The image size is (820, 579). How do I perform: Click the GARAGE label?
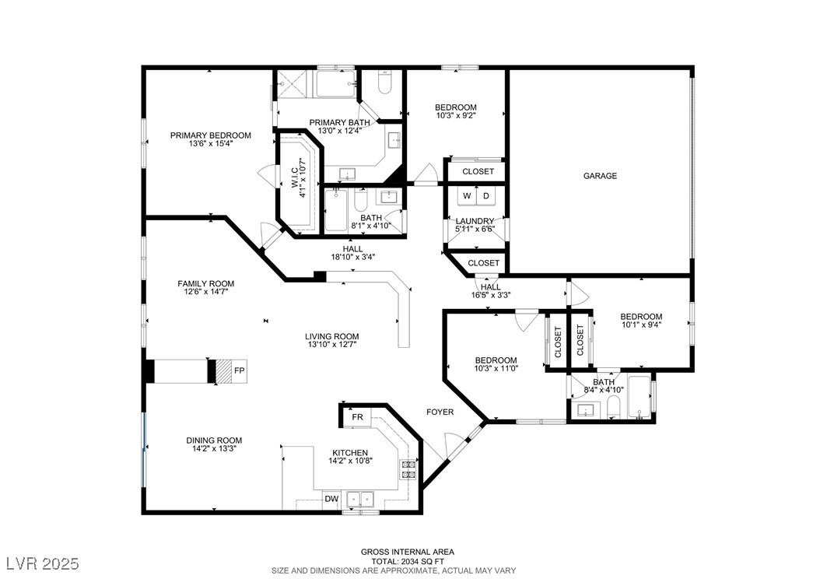pos(600,176)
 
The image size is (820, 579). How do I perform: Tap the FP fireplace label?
pos(239,371)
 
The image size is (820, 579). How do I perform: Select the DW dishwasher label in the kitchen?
pos(331,499)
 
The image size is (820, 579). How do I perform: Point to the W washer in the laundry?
pos(467,196)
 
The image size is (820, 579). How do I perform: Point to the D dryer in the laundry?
pos(485,196)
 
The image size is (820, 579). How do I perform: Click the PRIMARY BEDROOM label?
pos(211,135)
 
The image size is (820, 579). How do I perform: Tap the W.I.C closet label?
pos(296,178)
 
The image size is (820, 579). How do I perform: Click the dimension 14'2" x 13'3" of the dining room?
pos(215,448)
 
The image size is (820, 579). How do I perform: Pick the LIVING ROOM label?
pos(332,337)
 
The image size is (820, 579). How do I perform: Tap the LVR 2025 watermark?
pos(43,563)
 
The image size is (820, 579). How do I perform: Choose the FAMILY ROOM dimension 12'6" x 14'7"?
pos(206,292)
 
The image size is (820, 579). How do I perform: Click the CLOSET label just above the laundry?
pos(478,171)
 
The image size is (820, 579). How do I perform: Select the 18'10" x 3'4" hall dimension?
pos(353,257)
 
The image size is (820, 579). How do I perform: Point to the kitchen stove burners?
pos(408,470)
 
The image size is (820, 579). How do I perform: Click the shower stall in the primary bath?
pos(294,84)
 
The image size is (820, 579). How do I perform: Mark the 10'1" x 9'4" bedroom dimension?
pos(641,325)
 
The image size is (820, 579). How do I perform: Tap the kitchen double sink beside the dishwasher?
pos(361,499)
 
